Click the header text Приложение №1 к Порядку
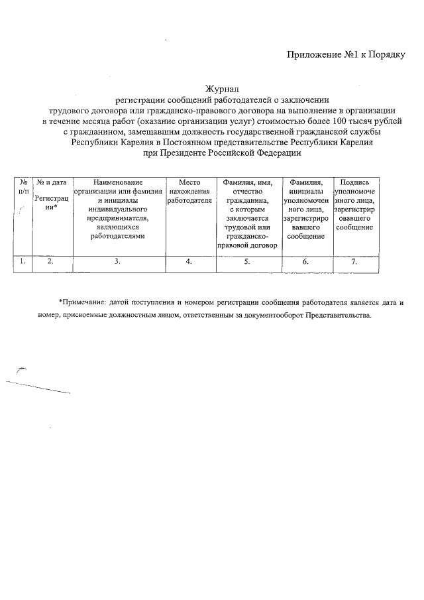[346, 54]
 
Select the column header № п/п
[23, 186]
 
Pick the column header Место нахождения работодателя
[189, 190]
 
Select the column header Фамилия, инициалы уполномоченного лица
[305, 208]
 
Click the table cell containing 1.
[23, 261]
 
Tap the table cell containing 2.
[51, 261]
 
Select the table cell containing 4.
[189, 261]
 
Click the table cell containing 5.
[246, 261]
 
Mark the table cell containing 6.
[305, 261]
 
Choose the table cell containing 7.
[354, 261]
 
